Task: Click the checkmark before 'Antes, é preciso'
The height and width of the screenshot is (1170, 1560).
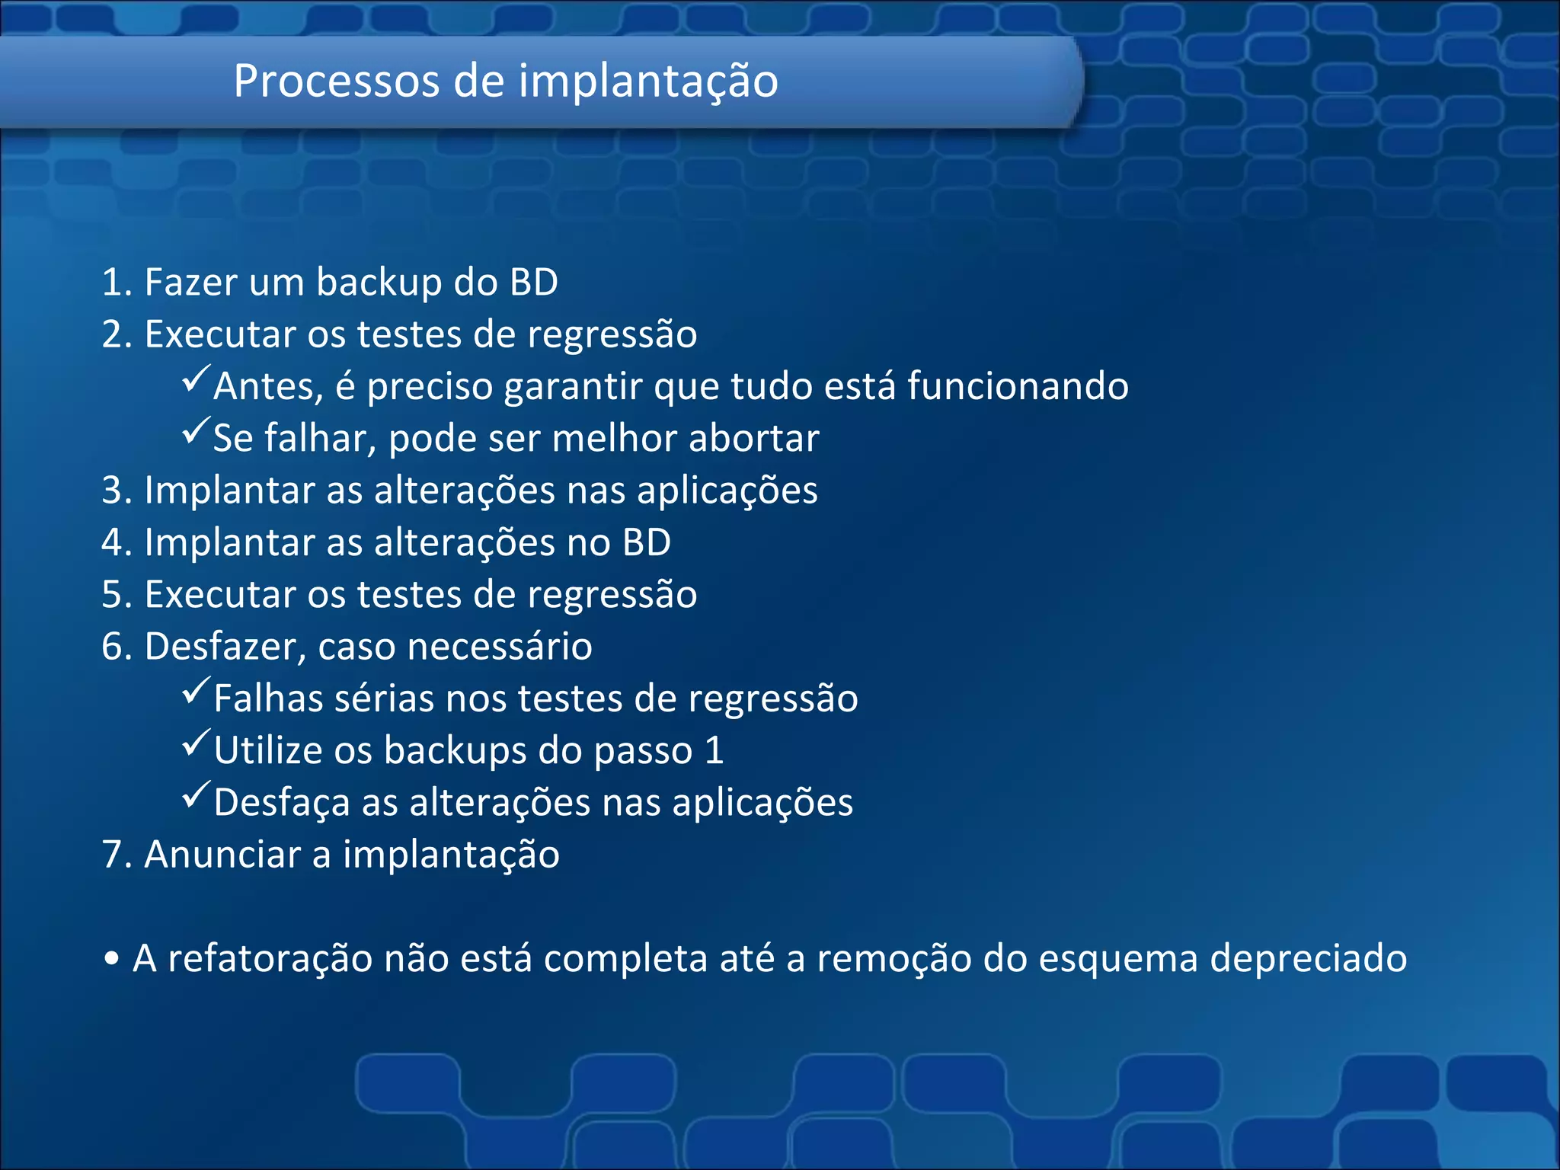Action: [x=196, y=379]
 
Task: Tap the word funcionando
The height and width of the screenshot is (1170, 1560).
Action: [x=1018, y=386]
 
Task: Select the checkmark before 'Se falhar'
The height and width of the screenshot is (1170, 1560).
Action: [x=196, y=430]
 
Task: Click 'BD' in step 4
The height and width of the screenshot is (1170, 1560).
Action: [x=646, y=542]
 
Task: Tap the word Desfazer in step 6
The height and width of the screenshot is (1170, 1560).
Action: [x=225, y=647]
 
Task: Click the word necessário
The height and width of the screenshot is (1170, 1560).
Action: [x=500, y=647]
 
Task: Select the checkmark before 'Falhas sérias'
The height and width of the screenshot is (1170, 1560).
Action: [x=196, y=691]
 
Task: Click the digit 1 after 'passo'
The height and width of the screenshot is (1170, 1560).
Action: [x=714, y=751]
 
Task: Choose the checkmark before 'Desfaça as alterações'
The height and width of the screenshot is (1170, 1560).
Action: [x=196, y=795]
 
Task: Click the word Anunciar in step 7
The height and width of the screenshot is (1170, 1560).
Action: [x=222, y=855]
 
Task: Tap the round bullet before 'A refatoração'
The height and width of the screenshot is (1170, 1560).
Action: [x=112, y=960]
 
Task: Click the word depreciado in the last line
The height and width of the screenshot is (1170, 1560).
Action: [x=1308, y=959]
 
